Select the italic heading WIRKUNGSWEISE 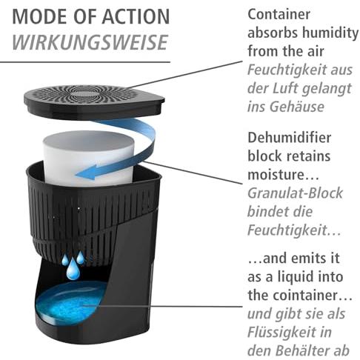pyautogui.click(x=90, y=42)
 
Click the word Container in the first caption pyautogui.click(x=279, y=14)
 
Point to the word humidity pyautogui.click(x=330, y=33)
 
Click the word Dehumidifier pyautogui.click(x=290, y=138)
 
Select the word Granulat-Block pyautogui.click(x=296, y=193)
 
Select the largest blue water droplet pyautogui.click(x=73, y=270)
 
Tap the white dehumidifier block pyautogui.click(x=89, y=158)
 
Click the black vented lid pyautogui.click(x=94, y=102)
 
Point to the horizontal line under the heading pyautogui.click(x=85, y=62)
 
